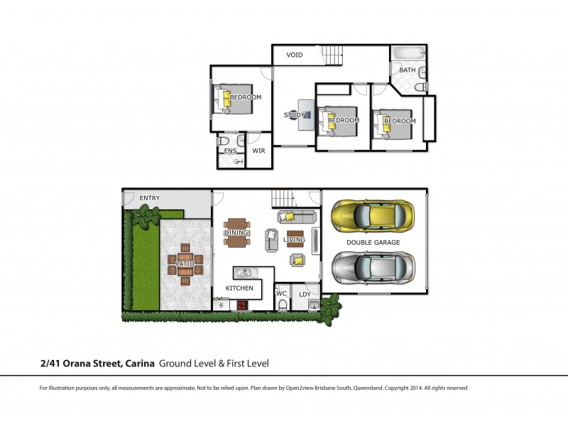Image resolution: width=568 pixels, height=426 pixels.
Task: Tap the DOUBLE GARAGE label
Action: coord(373,242)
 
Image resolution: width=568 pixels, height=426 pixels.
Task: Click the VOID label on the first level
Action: coord(295,55)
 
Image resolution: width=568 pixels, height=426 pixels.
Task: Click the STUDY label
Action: coord(294,115)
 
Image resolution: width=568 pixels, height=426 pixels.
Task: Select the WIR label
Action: coord(258,151)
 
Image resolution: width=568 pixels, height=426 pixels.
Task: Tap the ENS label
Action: coord(230,151)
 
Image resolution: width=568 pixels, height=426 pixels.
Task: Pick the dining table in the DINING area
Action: coord(236,232)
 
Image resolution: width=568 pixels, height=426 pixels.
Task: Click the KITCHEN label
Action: coord(239,288)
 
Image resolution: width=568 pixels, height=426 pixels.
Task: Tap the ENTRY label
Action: coord(150,198)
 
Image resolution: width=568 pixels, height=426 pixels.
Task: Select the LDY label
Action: coord(305,294)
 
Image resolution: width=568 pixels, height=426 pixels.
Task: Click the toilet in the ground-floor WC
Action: coord(283,305)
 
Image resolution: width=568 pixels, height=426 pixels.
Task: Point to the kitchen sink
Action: coord(243,272)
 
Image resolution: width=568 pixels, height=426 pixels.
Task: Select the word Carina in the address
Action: coord(140,364)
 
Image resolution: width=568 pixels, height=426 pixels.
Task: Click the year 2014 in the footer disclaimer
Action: coord(414,388)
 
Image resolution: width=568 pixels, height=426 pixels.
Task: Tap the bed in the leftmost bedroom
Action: coord(233,101)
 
